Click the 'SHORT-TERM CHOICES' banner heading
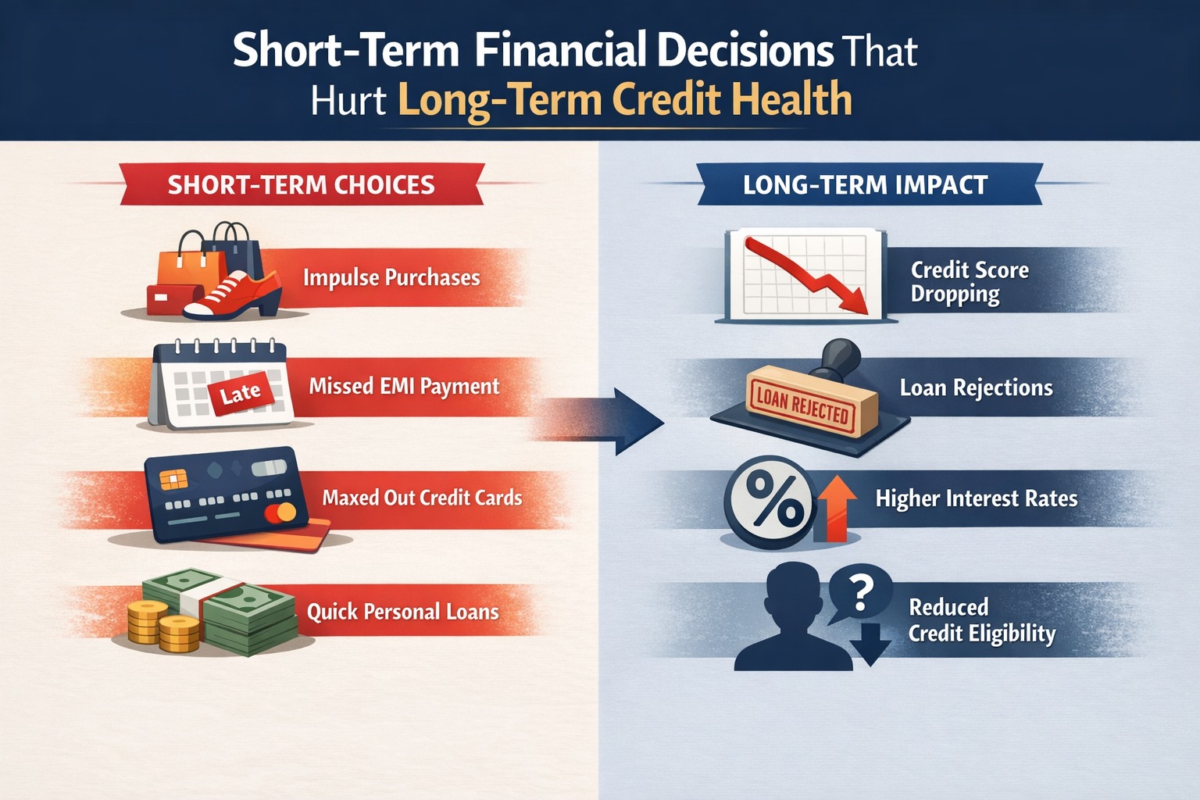click(301, 185)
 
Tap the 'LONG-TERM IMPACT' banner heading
click(865, 185)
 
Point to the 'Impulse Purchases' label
click(391, 278)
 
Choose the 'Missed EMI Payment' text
click(404, 387)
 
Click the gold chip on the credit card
click(169, 478)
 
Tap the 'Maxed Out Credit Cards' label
click(422, 498)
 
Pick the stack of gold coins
click(163, 626)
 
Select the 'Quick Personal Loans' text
click(402, 612)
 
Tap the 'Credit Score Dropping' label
click(969, 282)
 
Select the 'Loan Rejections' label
click(976, 388)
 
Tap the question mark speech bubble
click(860, 593)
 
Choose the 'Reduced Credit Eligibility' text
click(981, 620)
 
